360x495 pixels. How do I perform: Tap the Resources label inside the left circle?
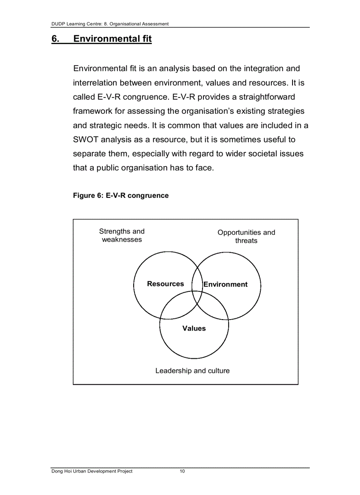click(x=165, y=284)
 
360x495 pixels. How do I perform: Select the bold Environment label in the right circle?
click(x=225, y=284)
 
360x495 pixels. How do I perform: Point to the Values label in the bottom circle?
click(x=194, y=328)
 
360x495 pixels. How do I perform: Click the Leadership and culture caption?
click(x=192, y=371)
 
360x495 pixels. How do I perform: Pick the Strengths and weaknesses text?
click(x=122, y=235)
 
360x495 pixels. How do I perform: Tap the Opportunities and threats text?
click(x=246, y=236)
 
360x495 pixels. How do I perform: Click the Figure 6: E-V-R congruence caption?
click(x=120, y=195)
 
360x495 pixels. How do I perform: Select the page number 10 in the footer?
click(x=182, y=471)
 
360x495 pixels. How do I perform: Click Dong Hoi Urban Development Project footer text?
click(x=92, y=471)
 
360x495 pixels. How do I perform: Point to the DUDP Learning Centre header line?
click(x=110, y=24)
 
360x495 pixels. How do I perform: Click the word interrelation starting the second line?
click(x=95, y=83)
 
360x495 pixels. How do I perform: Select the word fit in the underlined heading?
click(x=146, y=39)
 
